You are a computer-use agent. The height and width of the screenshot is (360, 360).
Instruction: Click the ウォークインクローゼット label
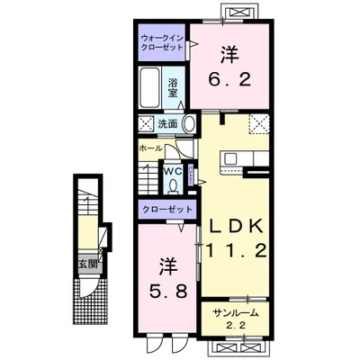tap(162, 43)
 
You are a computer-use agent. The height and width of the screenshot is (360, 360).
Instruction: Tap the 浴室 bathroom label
tap(173, 87)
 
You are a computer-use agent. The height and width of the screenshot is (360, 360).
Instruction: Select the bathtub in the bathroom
tap(150, 87)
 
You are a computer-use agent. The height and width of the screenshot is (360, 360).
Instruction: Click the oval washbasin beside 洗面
tap(189, 123)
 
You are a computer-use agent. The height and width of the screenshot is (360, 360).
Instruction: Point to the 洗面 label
tap(167, 124)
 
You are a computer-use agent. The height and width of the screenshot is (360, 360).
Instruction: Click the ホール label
tap(151, 148)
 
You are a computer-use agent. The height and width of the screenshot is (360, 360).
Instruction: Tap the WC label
tap(174, 172)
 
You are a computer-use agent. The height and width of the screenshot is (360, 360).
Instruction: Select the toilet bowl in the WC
tap(173, 186)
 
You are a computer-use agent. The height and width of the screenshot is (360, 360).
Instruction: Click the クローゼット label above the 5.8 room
tap(167, 209)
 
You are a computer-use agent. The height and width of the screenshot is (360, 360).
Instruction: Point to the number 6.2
tap(229, 80)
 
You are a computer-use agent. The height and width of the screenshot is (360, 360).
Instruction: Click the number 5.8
tap(169, 291)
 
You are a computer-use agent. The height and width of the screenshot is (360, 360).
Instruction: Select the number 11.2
tap(236, 250)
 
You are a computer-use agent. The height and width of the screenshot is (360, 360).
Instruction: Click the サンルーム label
tap(236, 313)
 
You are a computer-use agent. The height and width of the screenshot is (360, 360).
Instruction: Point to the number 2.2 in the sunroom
tap(236, 326)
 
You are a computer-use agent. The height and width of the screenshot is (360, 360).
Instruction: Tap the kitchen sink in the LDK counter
tap(229, 158)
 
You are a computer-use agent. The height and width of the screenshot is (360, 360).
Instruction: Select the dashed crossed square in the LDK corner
tap(259, 123)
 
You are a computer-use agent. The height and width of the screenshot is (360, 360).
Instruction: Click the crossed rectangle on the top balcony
tap(239, 13)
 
